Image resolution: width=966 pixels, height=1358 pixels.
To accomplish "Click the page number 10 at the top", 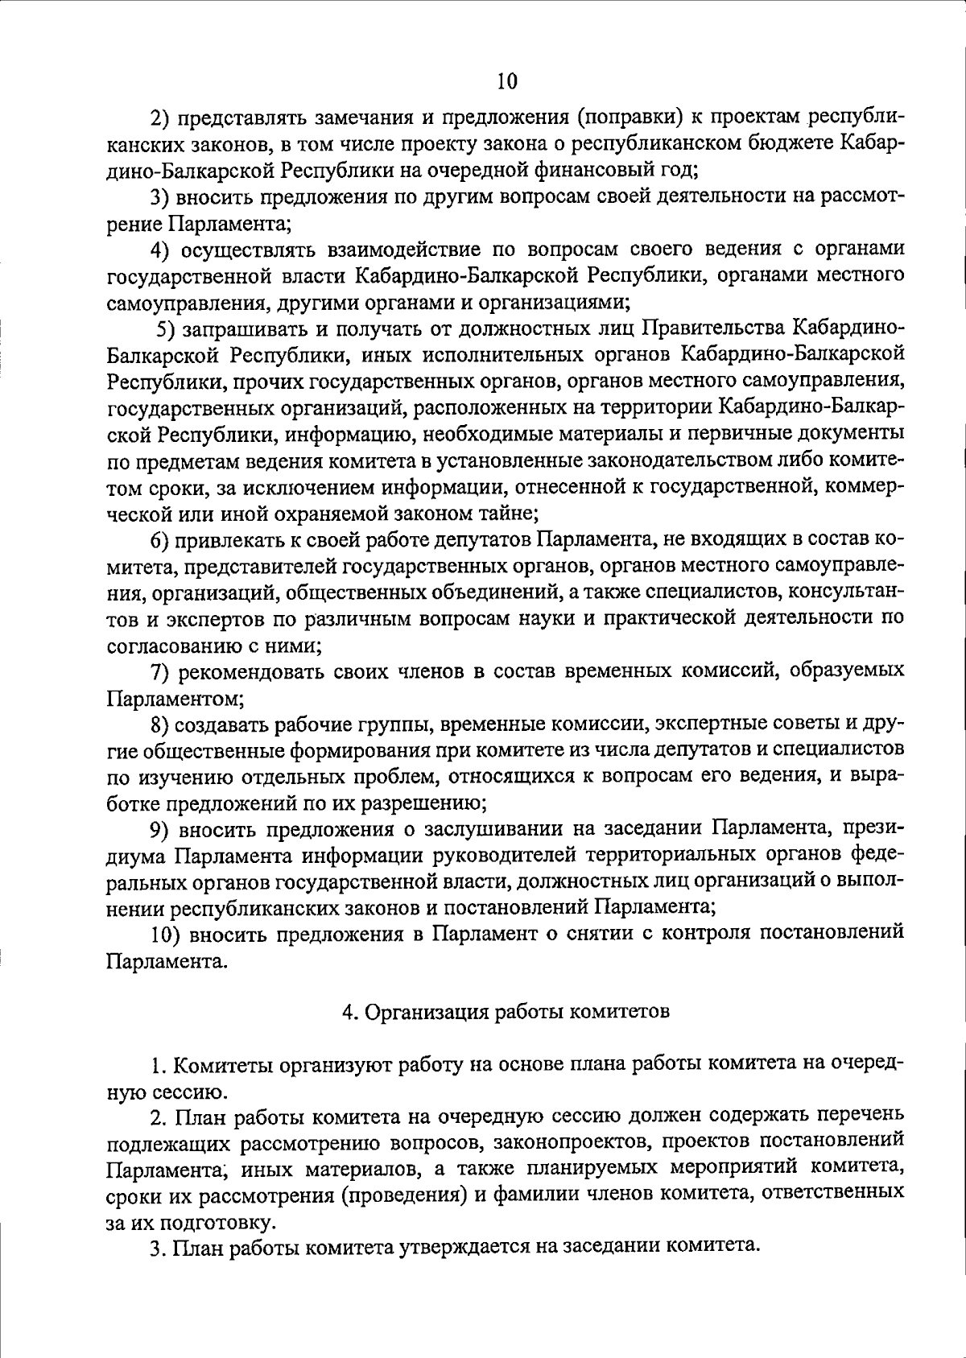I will (507, 82).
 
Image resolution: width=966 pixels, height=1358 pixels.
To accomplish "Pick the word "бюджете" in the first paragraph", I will (799, 144).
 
